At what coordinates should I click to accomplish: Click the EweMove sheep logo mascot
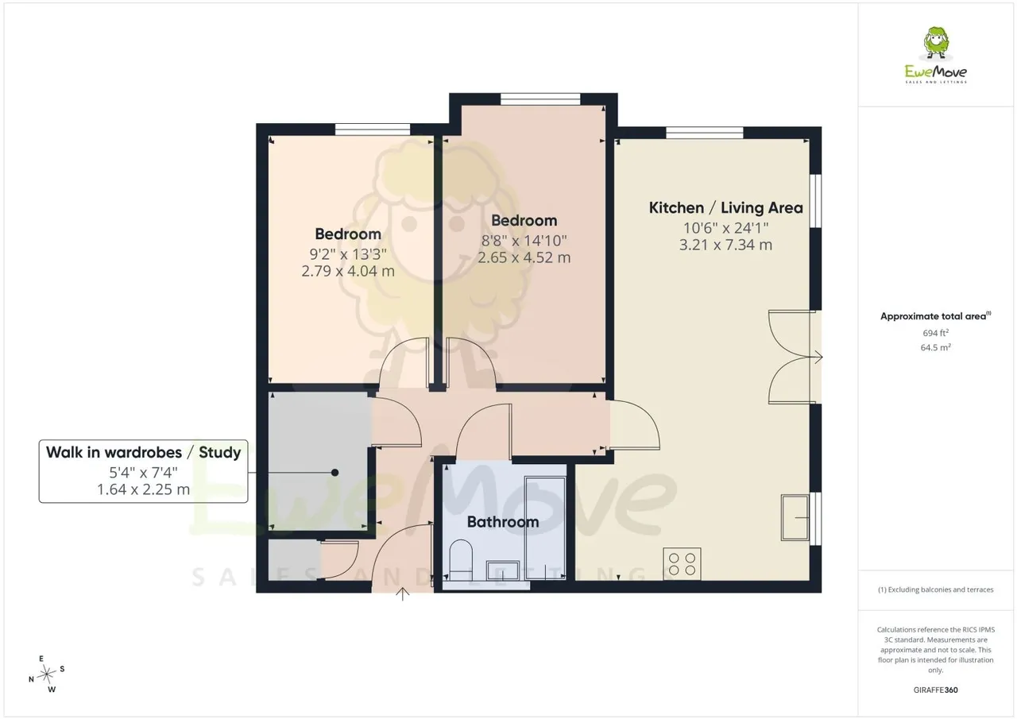(936, 43)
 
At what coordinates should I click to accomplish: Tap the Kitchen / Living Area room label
(725, 208)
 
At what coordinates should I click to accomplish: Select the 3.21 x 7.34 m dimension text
(725, 245)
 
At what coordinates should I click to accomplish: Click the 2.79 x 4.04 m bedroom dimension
(348, 272)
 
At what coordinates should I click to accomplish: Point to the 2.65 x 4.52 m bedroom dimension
(524, 258)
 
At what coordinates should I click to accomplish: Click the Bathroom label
(503, 522)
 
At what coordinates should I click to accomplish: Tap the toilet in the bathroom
(461, 559)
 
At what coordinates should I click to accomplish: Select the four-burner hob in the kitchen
(682, 564)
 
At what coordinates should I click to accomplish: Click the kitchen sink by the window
(795, 517)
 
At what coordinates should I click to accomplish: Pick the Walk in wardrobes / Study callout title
(144, 453)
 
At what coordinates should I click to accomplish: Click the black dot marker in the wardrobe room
(335, 473)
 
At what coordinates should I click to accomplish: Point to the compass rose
(46, 675)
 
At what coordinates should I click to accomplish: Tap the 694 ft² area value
(935, 333)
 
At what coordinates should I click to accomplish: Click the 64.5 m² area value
(935, 347)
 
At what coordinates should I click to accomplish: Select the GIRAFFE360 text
(935, 690)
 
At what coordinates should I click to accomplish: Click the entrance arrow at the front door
(402, 593)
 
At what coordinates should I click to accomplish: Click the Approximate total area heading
(935, 316)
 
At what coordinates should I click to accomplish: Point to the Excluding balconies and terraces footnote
(935, 590)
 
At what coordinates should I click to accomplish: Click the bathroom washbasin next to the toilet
(503, 570)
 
